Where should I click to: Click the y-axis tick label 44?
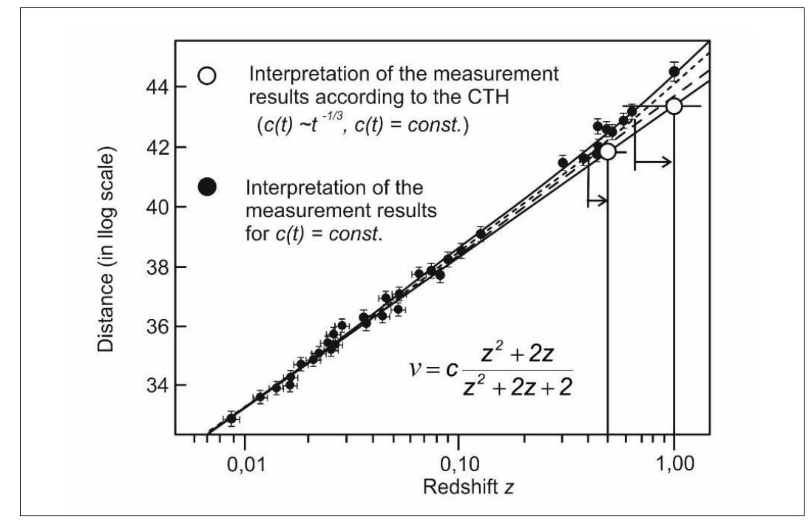pyautogui.click(x=158, y=86)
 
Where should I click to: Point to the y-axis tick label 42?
pyautogui.click(x=158, y=148)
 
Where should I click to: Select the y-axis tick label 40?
pyautogui.click(x=158, y=207)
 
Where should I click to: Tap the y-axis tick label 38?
pyautogui.click(x=158, y=267)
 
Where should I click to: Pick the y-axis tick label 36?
pyautogui.click(x=158, y=326)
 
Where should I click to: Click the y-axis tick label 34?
pyautogui.click(x=158, y=385)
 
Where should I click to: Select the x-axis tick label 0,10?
pyautogui.click(x=459, y=464)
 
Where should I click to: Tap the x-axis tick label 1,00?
pyautogui.click(x=674, y=464)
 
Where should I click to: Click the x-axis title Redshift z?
pyautogui.click(x=469, y=487)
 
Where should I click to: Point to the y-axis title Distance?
pyautogui.click(x=106, y=250)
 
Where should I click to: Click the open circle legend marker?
pyautogui.click(x=207, y=76)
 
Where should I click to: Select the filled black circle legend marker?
pyautogui.click(x=207, y=187)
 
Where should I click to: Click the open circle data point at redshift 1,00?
pyautogui.click(x=674, y=106)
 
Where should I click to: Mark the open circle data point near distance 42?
pyautogui.click(x=608, y=152)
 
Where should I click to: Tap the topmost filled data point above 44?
pyautogui.click(x=674, y=72)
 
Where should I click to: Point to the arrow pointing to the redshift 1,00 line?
pyautogui.click(x=653, y=162)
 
